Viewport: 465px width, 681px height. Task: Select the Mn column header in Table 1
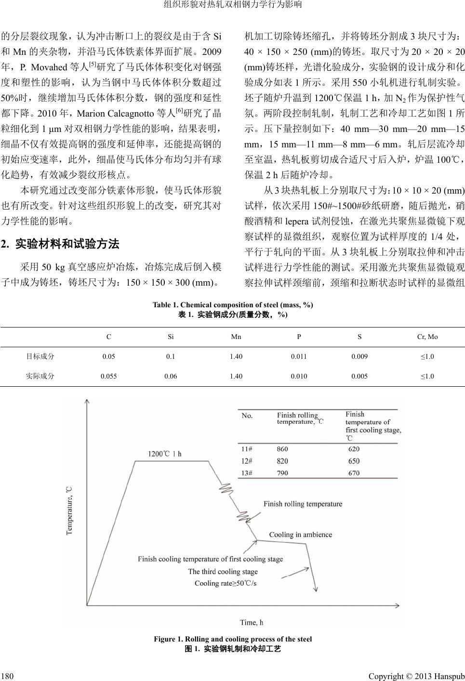[x=236, y=337]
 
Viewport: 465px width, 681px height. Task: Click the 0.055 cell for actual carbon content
[x=108, y=376]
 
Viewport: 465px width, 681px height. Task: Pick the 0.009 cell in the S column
[x=359, y=357]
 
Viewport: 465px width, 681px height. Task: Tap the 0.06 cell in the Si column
[x=171, y=376]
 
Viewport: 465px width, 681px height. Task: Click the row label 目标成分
[x=40, y=357]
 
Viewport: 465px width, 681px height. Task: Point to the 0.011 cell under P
[x=299, y=357]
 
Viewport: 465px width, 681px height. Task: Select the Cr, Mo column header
[x=427, y=337]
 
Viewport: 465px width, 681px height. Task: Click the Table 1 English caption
[x=233, y=305]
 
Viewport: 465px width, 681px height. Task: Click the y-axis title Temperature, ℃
[x=69, y=510]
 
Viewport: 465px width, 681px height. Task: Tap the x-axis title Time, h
[x=252, y=622]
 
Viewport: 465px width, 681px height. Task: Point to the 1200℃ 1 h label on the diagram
[x=164, y=453]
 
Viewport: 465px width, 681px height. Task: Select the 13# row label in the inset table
[x=247, y=473]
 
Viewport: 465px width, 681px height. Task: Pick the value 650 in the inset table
[x=354, y=461]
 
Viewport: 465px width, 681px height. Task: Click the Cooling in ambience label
[x=300, y=534]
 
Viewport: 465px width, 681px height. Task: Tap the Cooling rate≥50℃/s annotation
[x=226, y=583]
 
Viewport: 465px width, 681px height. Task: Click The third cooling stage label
[x=223, y=572]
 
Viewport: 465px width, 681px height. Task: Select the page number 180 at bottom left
[x=7, y=676]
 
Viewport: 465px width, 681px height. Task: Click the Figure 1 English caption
[x=233, y=639]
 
